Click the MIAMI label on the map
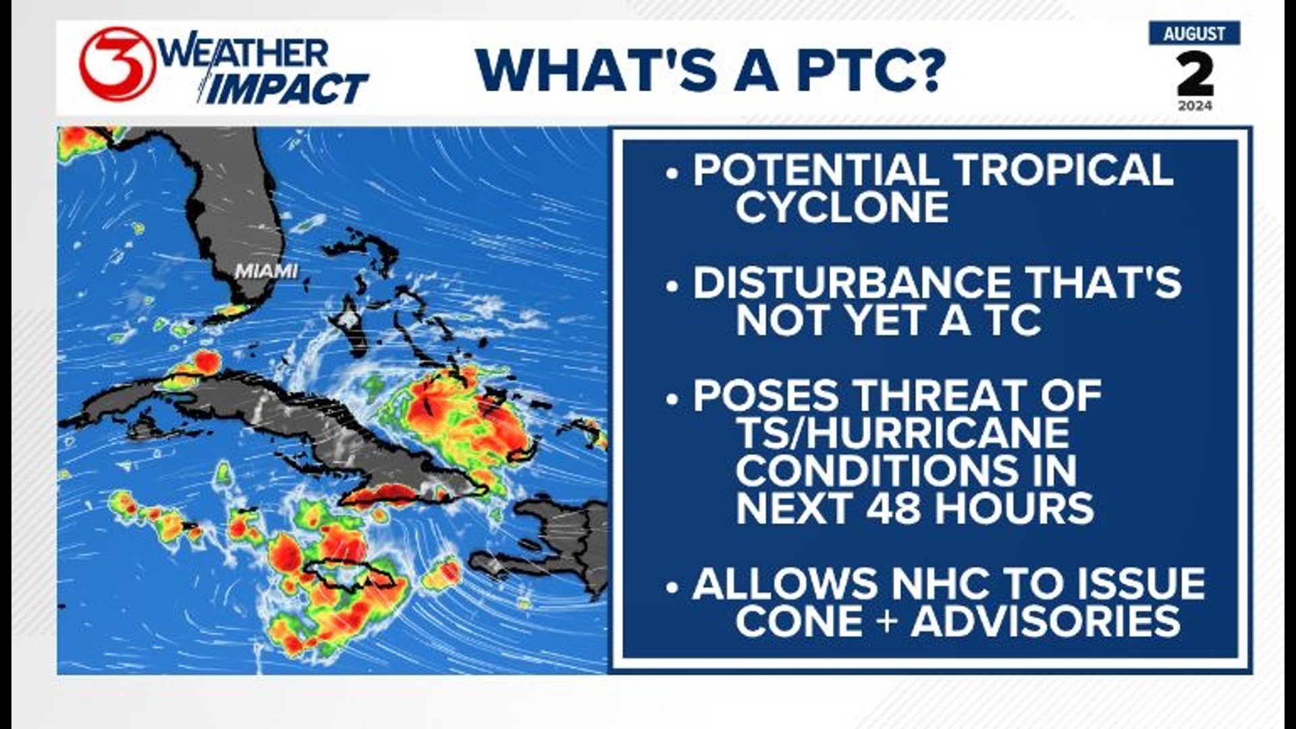pyautogui.click(x=266, y=271)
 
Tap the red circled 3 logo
pyautogui.click(x=116, y=64)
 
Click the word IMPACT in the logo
pyautogui.click(x=286, y=89)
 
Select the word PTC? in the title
pyautogui.click(x=871, y=70)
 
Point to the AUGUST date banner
pyautogui.click(x=1194, y=34)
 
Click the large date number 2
pyautogui.click(x=1195, y=74)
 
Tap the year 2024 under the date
pyautogui.click(x=1195, y=106)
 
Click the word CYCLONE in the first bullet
pyautogui.click(x=842, y=207)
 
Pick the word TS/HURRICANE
pyautogui.click(x=902, y=433)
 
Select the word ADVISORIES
pyautogui.click(x=1045, y=622)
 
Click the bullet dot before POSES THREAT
pyautogui.click(x=672, y=399)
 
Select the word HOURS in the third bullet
pyautogui.click(x=1014, y=508)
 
